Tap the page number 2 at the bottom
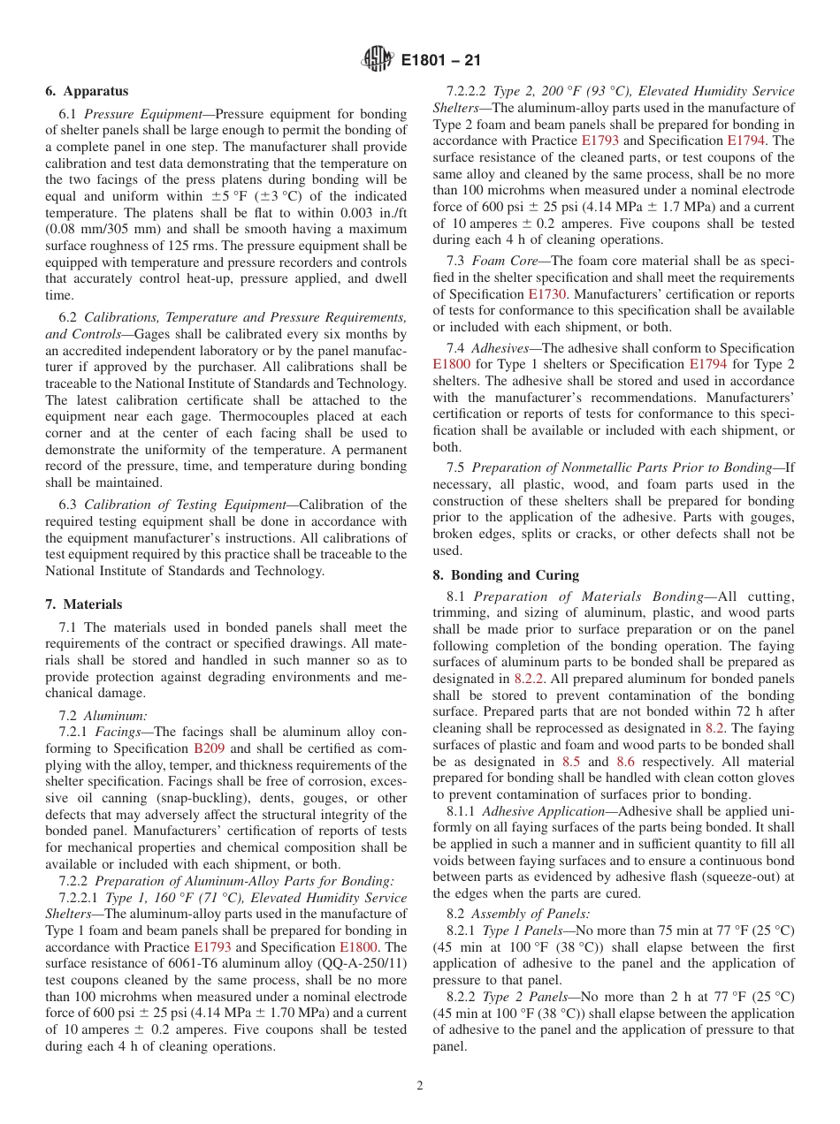point(420,1086)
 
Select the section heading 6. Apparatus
point(87,91)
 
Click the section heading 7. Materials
point(84,604)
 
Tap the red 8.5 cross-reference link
point(572,761)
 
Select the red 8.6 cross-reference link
point(626,761)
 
